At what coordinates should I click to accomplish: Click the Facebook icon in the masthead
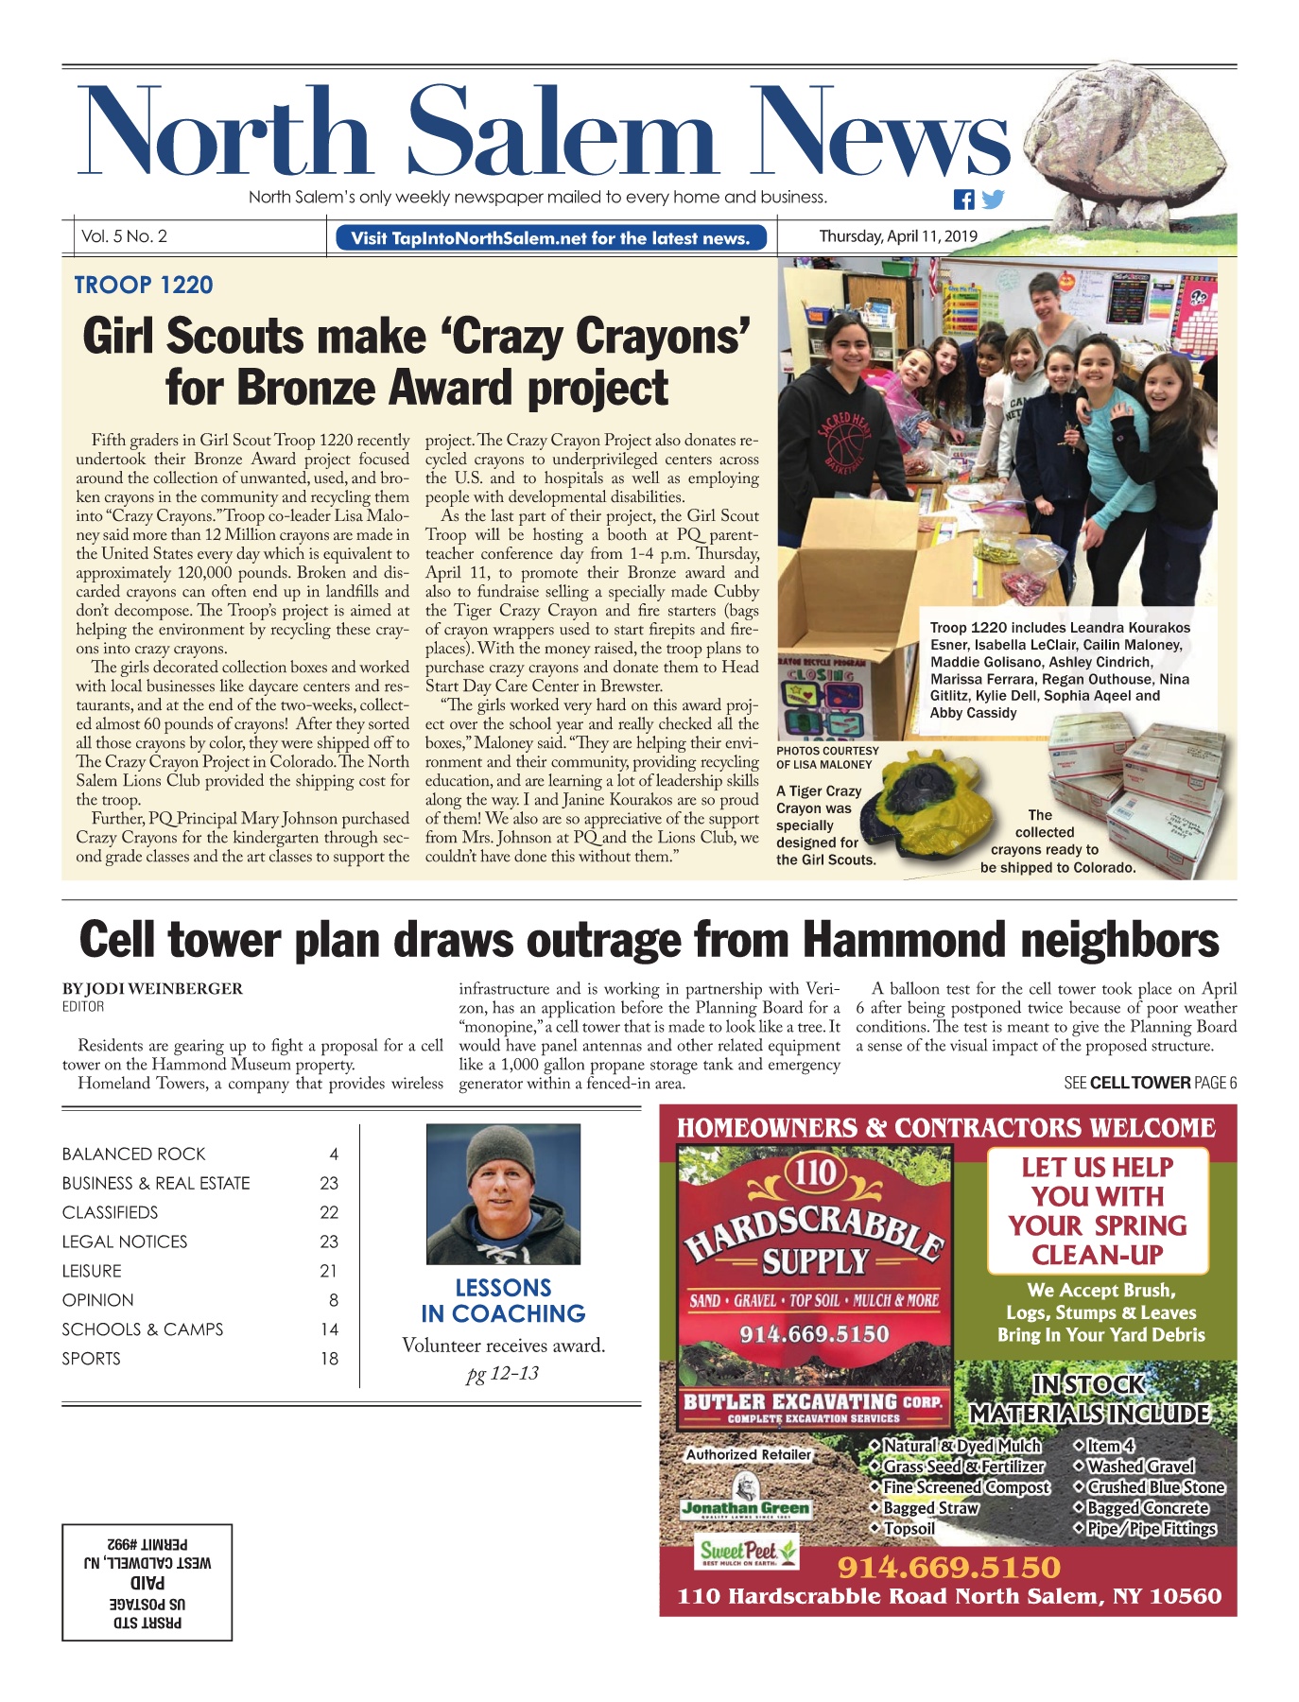pos(963,200)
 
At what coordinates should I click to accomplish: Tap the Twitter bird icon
pos(992,200)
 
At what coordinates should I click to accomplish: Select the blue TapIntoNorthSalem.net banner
pos(550,238)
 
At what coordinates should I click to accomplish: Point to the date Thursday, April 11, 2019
pos(897,236)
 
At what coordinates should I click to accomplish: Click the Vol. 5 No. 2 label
pos(124,236)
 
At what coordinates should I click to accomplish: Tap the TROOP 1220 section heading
pos(144,285)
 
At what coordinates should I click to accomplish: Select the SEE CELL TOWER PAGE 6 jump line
pos(1150,1083)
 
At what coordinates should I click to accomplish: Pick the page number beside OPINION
pos(333,1300)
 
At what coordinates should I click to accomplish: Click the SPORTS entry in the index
pos(92,1359)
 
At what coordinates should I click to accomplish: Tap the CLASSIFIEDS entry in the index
pos(110,1212)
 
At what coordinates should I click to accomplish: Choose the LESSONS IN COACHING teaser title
pos(503,1301)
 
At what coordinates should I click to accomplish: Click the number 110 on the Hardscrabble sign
pos(814,1172)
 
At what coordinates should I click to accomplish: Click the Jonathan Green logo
pos(746,1507)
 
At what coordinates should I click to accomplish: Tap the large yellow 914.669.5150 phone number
pos(948,1567)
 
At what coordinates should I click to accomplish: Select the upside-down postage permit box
pos(147,1582)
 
